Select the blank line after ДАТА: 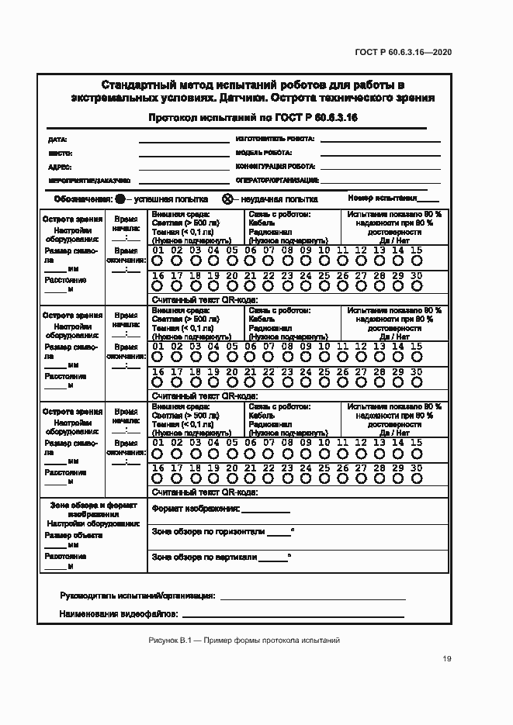[x=184, y=141]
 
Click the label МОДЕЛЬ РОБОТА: [x=258, y=153]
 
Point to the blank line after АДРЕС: [x=184, y=167]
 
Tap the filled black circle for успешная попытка [x=119, y=199]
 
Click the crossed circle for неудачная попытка [x=227, y=199]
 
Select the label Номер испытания [x=383, y=198]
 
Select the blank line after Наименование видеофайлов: [x=293, y=616]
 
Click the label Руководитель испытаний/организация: [x=137, y=596]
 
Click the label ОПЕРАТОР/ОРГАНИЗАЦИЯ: [x=277, y=180]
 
